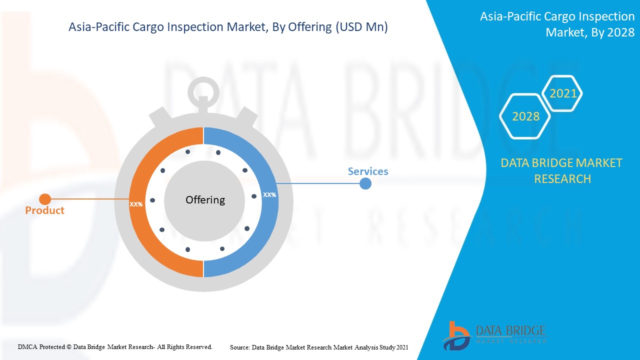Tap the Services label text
pyautogui.click(x=367, y=171)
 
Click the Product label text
pyautogui.click(x=44, y=210)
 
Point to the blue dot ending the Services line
pyautogui.click(x=365, y=183)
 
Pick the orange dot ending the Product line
pyautogui.click(x=44, y=199)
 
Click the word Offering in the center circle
pyautogui.click(x=205, y=200)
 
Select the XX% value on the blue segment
pyautogui.click(x=269, y=194)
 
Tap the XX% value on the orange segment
pyautogui.click(x=136, y=204)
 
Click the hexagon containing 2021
pyautogui.click(x=563, y=93)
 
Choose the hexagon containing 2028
pyautogui.click(x=525, y=116)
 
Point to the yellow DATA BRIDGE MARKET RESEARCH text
pyautogui.click(x=562, y=170)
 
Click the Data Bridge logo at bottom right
pyautogui.click(x=493, y=335)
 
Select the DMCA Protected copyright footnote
pyautogui.click(x=115, y=346)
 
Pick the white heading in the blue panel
pyautogui.click(x=557, y=24)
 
